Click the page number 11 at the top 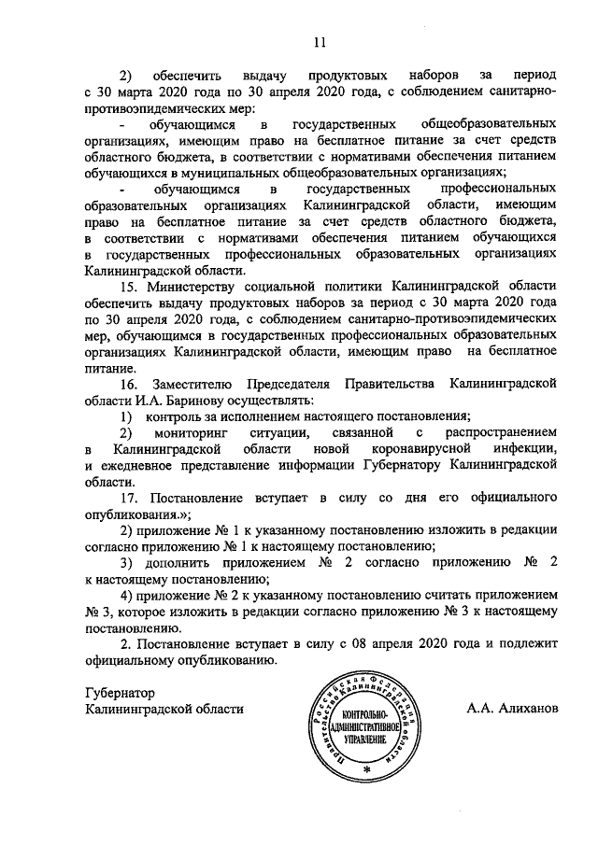[319, 41]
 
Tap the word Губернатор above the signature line [118, 693]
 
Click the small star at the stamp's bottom [366, 768]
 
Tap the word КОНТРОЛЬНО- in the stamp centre [364, 715]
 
